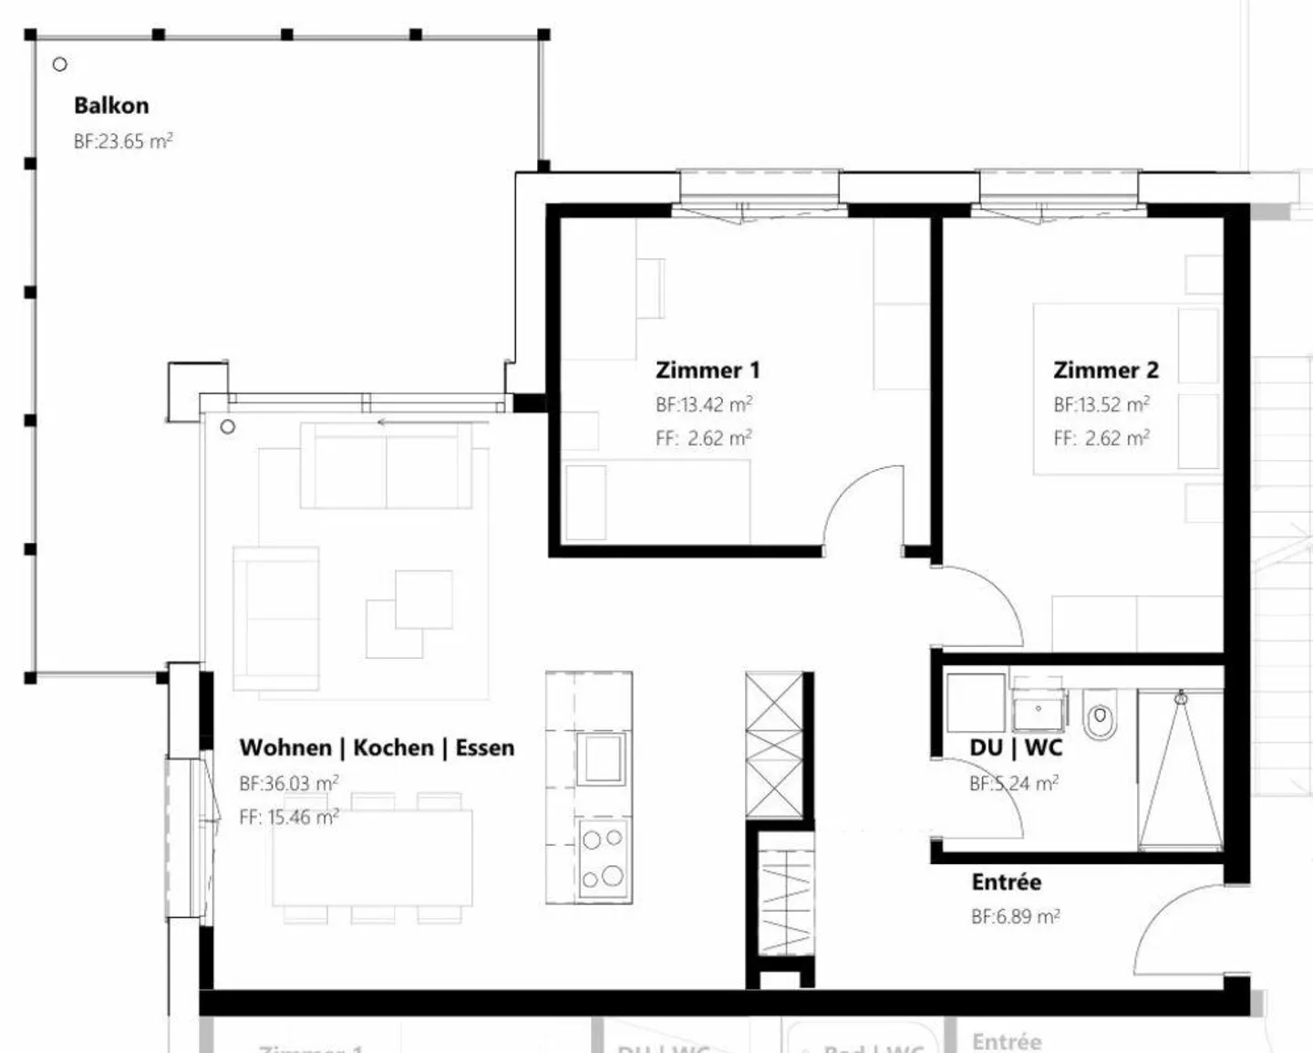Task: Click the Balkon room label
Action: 111,106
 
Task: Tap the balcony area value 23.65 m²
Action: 123,141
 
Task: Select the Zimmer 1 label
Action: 708,370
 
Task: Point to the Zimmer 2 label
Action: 1105,370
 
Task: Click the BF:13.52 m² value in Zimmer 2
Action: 1101,404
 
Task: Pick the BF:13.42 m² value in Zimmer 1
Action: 704,404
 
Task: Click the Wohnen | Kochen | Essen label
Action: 377,748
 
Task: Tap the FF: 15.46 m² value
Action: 289,818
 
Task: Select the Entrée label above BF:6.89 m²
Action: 1006,882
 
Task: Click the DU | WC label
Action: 1016,748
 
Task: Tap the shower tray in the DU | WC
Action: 1180,771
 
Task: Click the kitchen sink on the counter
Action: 602,758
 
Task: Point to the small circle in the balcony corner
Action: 60,65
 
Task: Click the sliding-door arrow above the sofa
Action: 392,422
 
